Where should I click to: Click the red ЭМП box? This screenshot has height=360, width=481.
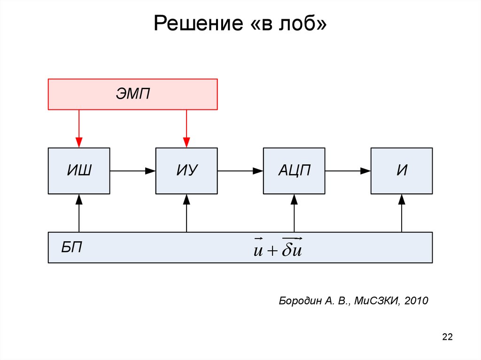point(133,94)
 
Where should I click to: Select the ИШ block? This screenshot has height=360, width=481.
point(79,171)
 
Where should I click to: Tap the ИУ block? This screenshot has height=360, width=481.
point(186,171)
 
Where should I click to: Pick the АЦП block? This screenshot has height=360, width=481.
point(294,171)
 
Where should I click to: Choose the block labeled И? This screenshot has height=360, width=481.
point(402,171)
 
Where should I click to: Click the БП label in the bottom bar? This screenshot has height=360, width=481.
point(71,247)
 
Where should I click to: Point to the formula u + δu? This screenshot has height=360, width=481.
point(277,248)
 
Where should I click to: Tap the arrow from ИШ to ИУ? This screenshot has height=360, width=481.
point(133,171)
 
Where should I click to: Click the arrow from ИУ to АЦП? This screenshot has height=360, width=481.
point(240,171)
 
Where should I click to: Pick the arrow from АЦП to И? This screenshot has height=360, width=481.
point(348,171)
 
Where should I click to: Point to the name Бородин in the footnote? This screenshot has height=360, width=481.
point(299,301)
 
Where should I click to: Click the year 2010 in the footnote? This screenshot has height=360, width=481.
point(416,301)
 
